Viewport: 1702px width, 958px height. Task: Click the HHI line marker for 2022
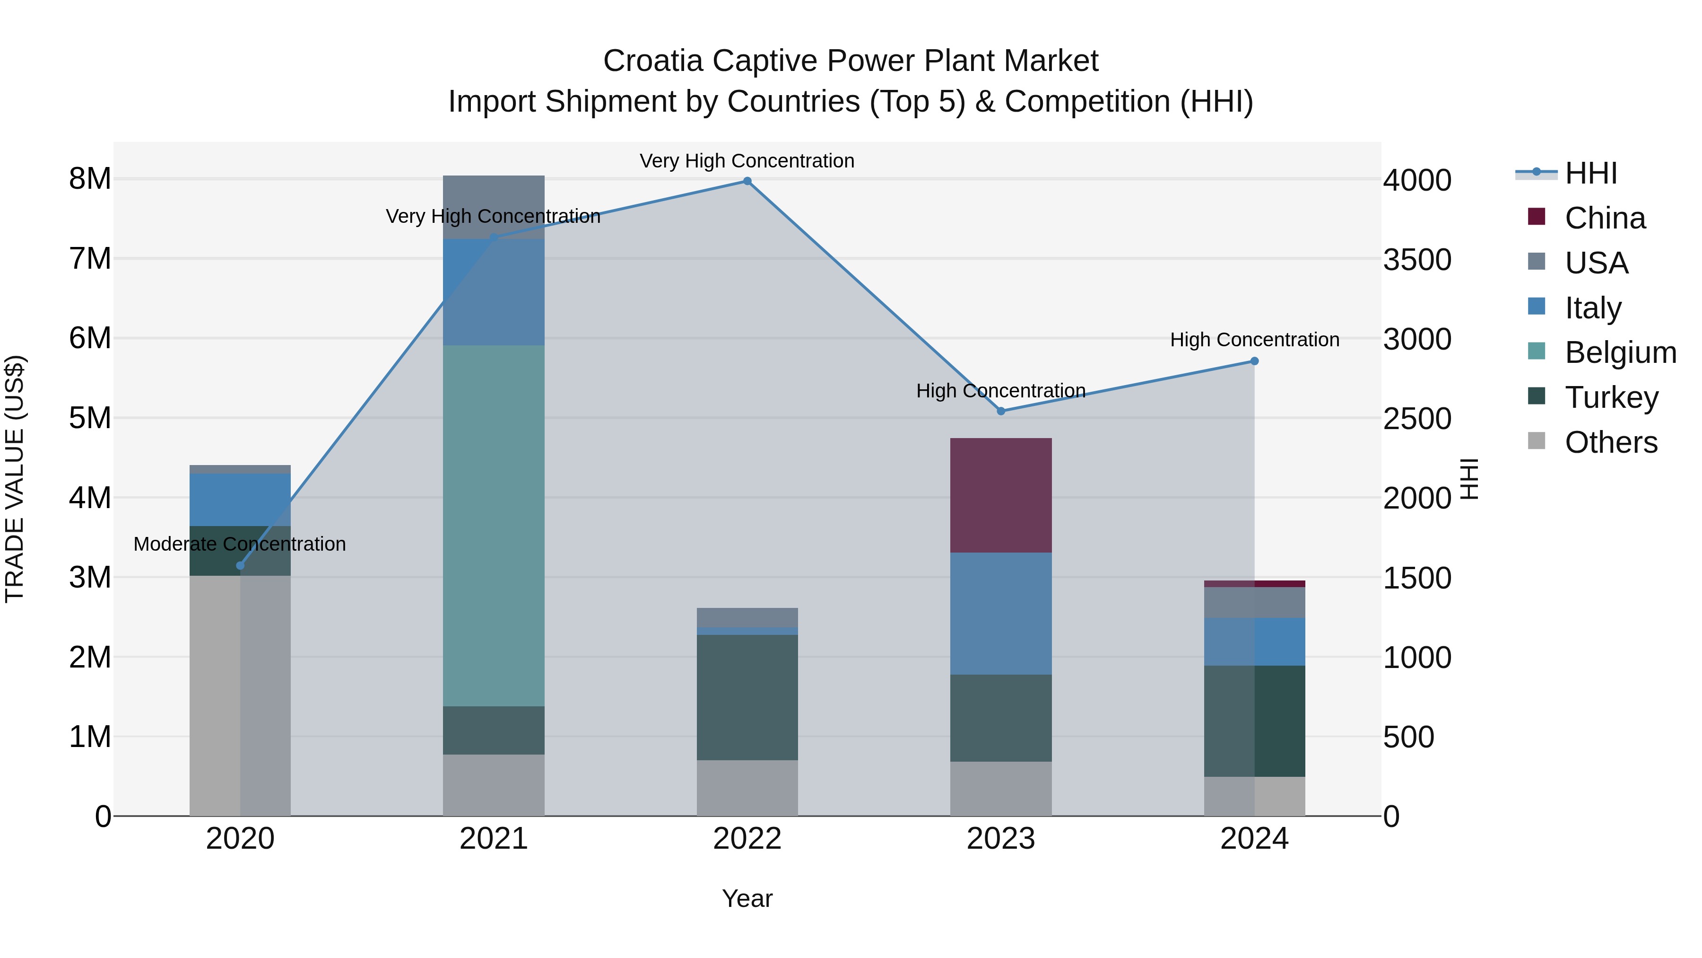point(747,181)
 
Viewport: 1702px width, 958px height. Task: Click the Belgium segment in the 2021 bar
point(494,526)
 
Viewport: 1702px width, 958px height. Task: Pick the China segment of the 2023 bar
point(1000,495)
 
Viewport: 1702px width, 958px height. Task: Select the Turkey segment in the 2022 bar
point(747,697)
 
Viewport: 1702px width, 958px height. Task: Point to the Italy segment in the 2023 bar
point(1000,614)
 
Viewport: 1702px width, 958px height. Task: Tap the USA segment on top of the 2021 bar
point(494,206)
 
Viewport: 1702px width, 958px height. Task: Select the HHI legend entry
point(1590,173)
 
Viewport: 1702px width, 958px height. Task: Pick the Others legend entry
point(1610,442)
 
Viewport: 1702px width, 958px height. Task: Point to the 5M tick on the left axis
point(90,418)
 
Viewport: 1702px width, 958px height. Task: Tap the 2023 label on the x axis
point(1000,839)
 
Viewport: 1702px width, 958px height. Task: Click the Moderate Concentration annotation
point(240,544)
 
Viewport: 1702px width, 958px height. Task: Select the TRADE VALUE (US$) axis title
point(15,479)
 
